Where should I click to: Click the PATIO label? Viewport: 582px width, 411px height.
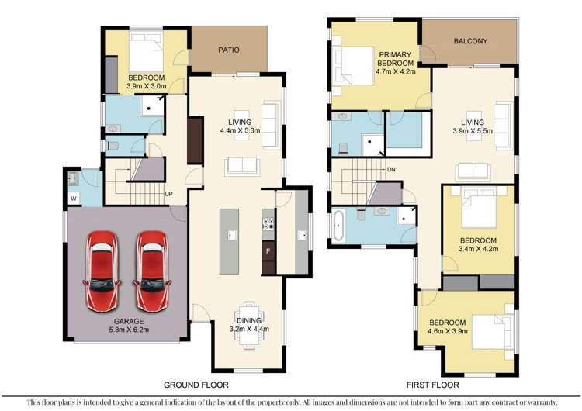(x=229, y=50)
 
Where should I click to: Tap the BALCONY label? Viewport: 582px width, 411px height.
(x=470, y=41)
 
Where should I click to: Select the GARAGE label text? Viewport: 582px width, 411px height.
(x=129, y=321)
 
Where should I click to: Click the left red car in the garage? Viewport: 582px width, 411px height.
(x=102, y=271)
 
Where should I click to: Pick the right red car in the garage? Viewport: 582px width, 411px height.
(x=152, y=271)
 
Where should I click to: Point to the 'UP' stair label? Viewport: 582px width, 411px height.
(x=168, y=194)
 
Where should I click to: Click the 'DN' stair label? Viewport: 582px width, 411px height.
(x=391, y=170)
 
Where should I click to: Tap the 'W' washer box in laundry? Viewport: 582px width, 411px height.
(x=74, y=199)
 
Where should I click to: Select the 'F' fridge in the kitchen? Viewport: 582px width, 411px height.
(x=268, y=251)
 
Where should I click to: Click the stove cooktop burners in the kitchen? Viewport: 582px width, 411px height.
(x=268, y=223)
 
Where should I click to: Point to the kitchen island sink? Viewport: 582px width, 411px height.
(x=232, y=235)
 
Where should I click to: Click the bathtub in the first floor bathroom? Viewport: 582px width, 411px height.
(x=338, y=226)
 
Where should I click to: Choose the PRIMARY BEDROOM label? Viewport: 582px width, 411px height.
(x=395, y=59)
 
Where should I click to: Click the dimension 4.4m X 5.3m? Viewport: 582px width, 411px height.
(x=240, y=130)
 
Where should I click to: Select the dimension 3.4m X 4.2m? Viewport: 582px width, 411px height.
(x=478, y=249)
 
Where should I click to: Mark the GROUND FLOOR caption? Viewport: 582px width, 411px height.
(x=196, y=385)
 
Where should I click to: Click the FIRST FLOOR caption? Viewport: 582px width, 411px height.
(x=433, y=385)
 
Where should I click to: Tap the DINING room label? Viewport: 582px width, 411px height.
(x=249, y=320)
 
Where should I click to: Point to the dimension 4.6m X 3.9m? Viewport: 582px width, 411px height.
(x=448, y=331)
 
